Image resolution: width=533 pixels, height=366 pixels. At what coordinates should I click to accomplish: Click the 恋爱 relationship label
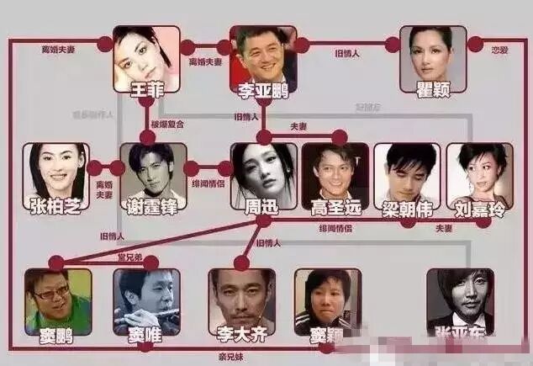click(501, 51)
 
